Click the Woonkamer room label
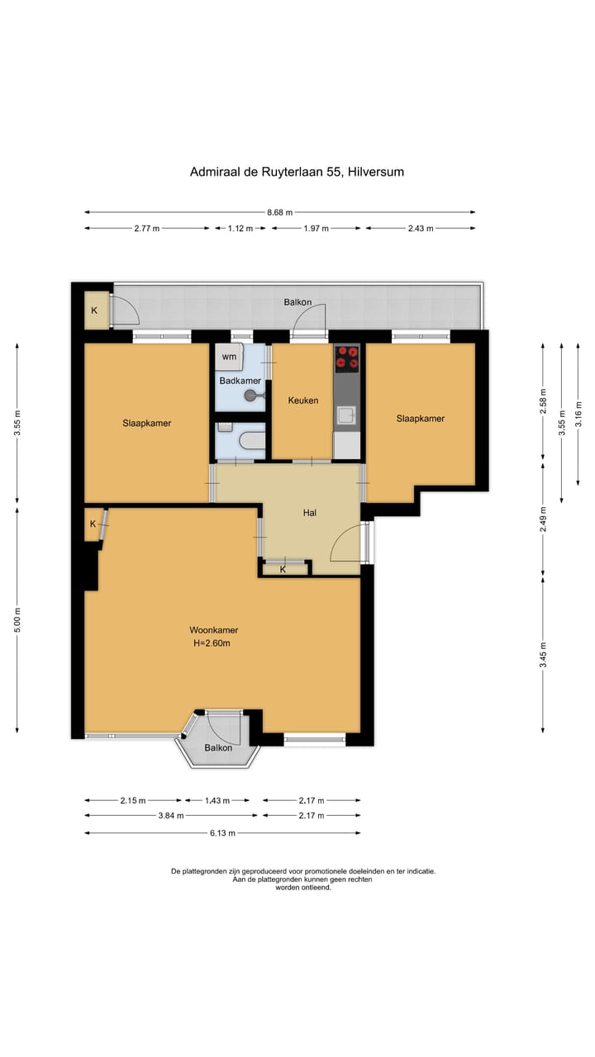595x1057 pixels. pyautogui.click(x=213, y=630)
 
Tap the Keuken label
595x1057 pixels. pyautogui.click(x=303, y=401)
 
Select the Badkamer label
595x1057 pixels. pyautogui.click(x=240, y=381)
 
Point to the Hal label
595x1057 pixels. pyautogui.click(x=310, y=513)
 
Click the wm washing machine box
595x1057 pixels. pyautogui.click(x=230, y=356)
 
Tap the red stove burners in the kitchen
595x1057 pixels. pyautogui.click(x=347, y=358)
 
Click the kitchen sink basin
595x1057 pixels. pyautogui.click(x=346, y=415)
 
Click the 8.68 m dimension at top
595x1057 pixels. pyautogui.click(x=280, y=212)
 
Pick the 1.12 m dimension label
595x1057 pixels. pyautogui.click(x=240, y=229)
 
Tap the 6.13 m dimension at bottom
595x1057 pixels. pyautogui.click(x=222, y=833)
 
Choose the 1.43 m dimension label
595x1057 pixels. pyautogui.click(x=217, y=800)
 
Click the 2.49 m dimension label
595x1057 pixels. pyautogui.click(x=543, y=519)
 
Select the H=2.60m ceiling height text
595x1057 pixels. pyautogui.click(x=212, y=643)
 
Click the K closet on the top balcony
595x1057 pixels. pyautogui.click(x=94, y=310)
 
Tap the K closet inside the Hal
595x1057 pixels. pyautogui.click(x=283, y=569)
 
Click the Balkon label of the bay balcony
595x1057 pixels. pyautogui.click(x=218, y=748)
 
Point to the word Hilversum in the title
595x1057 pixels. pyautogui.click(x=376, y=172)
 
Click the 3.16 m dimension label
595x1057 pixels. pyautogui.click(x=578, y=414)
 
